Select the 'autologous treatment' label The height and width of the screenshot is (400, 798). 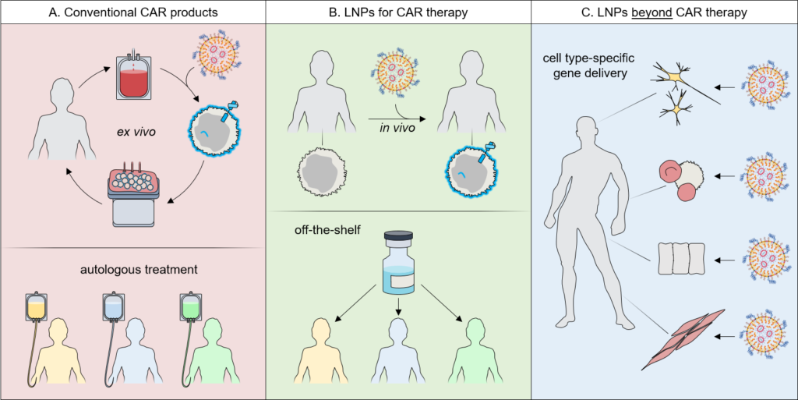pos(132,270)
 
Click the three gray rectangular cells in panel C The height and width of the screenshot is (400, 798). pos(681,257)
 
